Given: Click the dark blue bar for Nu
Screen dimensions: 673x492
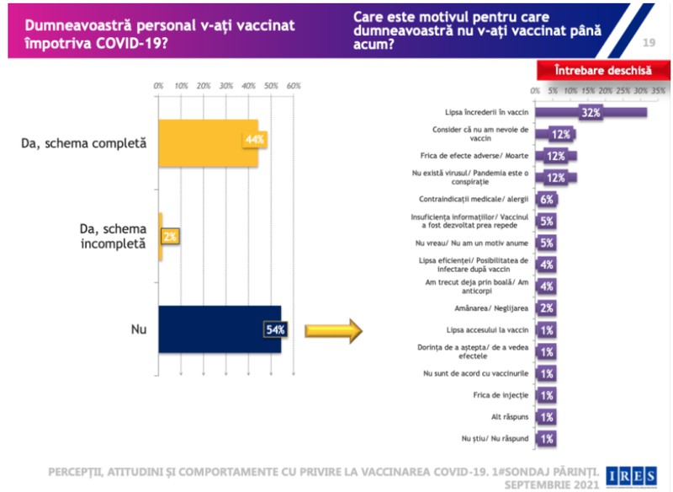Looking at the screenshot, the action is point(220,329).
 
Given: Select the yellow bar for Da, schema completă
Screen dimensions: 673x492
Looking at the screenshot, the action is point(209,143).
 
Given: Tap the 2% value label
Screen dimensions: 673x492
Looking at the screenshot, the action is point(170,237).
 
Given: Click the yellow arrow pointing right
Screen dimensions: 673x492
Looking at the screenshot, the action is point(333,331).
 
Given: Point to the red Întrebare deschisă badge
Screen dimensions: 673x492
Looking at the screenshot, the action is point(603,70).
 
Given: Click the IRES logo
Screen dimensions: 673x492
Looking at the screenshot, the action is point(632,476).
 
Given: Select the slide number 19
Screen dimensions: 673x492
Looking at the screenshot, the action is point(649,42).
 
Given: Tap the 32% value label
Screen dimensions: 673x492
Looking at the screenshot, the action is point(591,113).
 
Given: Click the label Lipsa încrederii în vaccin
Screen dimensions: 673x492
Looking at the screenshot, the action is point(487,112).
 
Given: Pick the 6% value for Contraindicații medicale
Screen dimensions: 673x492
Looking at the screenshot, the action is point(547,200).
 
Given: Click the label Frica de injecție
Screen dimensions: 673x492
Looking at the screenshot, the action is point(501,395).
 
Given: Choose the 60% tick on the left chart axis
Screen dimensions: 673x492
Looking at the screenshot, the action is point(294,86).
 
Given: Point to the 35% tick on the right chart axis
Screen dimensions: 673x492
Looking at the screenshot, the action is point(658,91).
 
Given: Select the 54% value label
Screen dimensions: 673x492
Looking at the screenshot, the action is point(275,329).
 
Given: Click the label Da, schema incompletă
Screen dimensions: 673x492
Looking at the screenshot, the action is point(114,237).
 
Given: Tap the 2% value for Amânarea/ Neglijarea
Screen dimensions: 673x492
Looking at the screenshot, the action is point(547,308).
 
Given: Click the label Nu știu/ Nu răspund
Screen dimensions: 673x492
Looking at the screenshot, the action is point(495,438).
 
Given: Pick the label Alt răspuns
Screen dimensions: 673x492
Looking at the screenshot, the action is point(510,417).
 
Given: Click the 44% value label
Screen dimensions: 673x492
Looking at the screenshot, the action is point(255,140).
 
